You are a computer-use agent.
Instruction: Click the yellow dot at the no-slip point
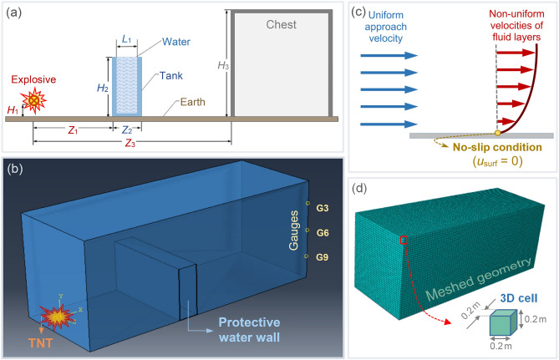[498, 133]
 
